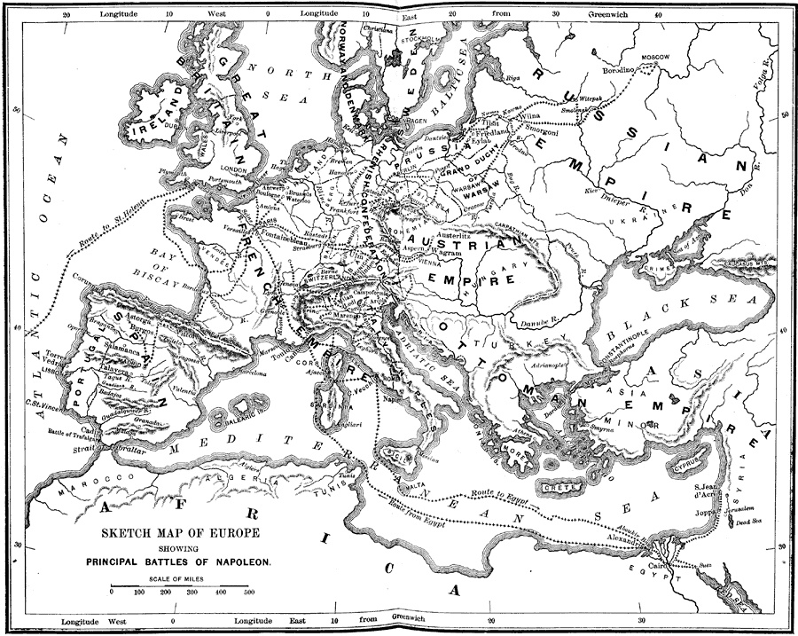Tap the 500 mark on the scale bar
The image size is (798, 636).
point(248,591)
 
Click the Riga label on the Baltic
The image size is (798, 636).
point(512,78)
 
